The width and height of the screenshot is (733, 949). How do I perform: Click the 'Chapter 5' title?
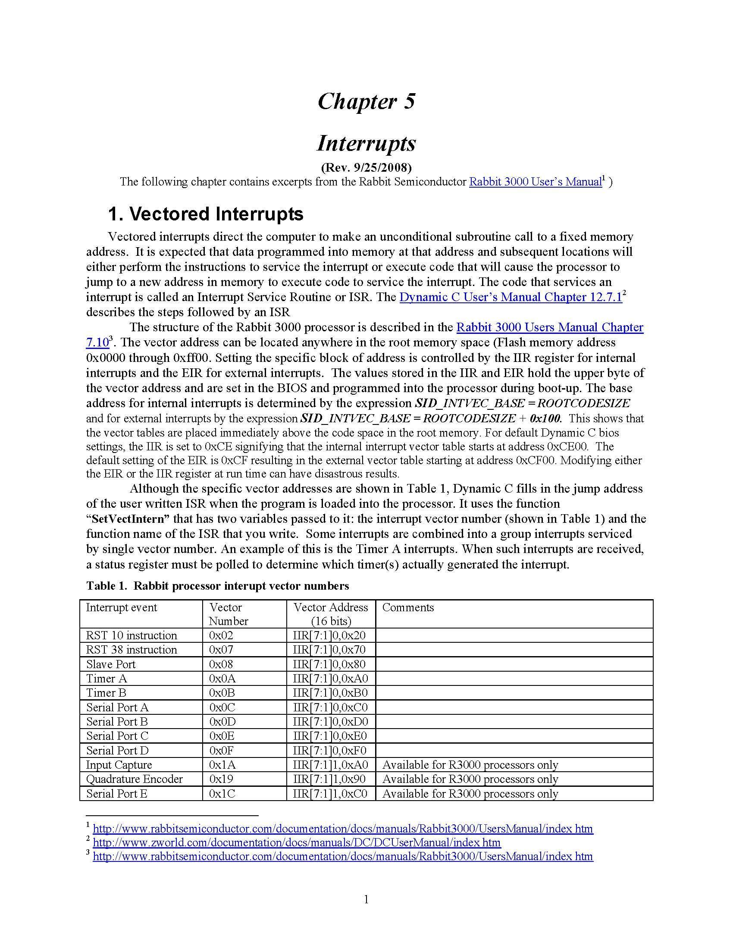coord(366,102)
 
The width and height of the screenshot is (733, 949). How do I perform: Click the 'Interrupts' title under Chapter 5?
coord(366,143)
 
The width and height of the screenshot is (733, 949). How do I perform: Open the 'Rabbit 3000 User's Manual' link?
coord(535,182)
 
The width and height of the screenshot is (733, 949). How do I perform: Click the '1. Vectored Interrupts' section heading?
coord(205,214)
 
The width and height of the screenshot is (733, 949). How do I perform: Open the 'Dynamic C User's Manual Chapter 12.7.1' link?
coord(511,297)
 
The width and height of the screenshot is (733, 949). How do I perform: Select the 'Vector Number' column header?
coord(229,613)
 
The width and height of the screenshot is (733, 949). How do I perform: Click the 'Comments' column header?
coord(408,607)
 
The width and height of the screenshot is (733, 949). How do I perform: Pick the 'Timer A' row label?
coord(107,678)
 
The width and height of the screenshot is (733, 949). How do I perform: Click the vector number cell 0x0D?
coord(222,722)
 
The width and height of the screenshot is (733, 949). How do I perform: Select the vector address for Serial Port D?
coord(329,751)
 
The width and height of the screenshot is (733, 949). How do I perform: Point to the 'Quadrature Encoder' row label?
coord(134,779)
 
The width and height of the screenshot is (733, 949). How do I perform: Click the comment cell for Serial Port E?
coord(470,794)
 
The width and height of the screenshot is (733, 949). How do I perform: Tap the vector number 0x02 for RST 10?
coord(221,635)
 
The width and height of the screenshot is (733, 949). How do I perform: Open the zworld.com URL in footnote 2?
coord(297,842)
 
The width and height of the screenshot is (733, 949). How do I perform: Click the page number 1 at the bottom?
coord(366,899)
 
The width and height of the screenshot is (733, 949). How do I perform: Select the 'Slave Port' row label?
coord(111,664)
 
